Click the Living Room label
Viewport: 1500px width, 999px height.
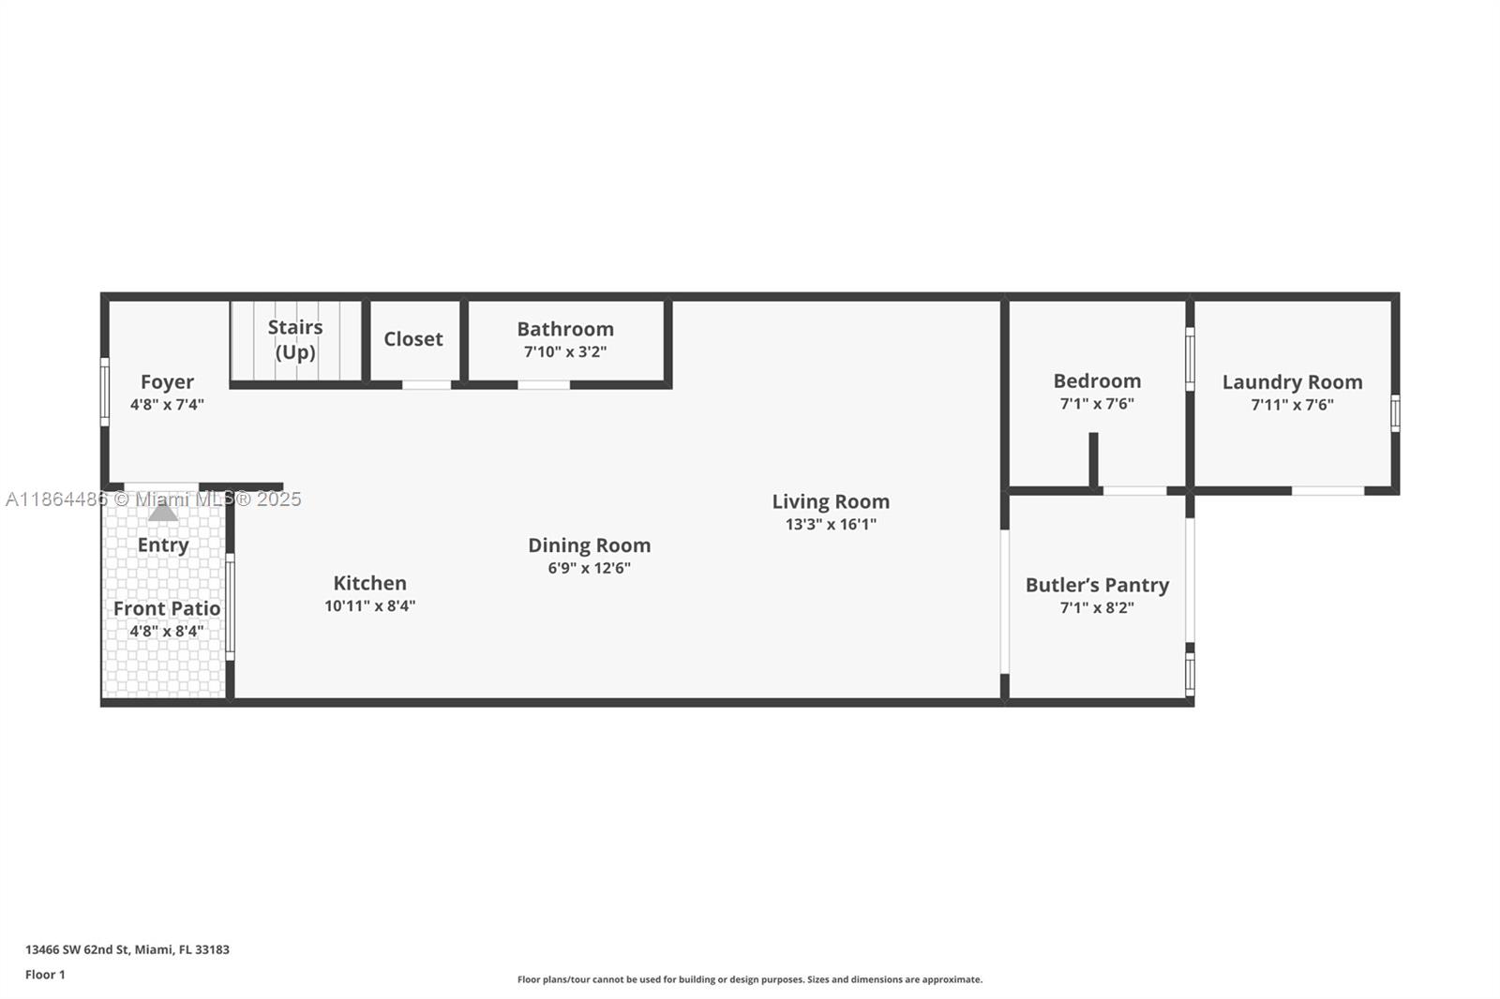(x=831, y=501)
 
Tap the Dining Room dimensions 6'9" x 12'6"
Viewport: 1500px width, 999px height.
(x=589, y=568)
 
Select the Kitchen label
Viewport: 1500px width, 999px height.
(x=369, y=583)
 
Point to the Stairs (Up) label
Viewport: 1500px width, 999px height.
(x=295, y=339)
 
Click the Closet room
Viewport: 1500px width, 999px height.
(x=413, y=339)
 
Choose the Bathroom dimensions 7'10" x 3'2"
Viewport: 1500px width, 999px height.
(x=564, y=352)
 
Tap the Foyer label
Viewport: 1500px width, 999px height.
(x=167, y=381)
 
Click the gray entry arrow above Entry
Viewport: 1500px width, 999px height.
(x=163, y=512)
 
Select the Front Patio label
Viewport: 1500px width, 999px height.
(x=167, y=608)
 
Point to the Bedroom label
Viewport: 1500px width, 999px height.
(x=1097, y=380)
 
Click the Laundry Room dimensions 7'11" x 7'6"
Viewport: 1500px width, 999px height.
(x=1292, y=405)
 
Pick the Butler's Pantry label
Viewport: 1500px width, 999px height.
(x=1097, y=585)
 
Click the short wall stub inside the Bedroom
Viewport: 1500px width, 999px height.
(x=1093, y=459)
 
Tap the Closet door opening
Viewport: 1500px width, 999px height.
(x=427, y=384)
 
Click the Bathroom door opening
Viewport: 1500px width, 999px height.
(x=544, y=384)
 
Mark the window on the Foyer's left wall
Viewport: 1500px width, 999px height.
(x=105, y=392)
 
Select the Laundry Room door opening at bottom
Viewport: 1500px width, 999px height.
(x=1327, y=490)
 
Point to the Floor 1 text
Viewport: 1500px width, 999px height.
(x=45, y=975)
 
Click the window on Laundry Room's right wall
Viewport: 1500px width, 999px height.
(x=1395, y=413)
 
